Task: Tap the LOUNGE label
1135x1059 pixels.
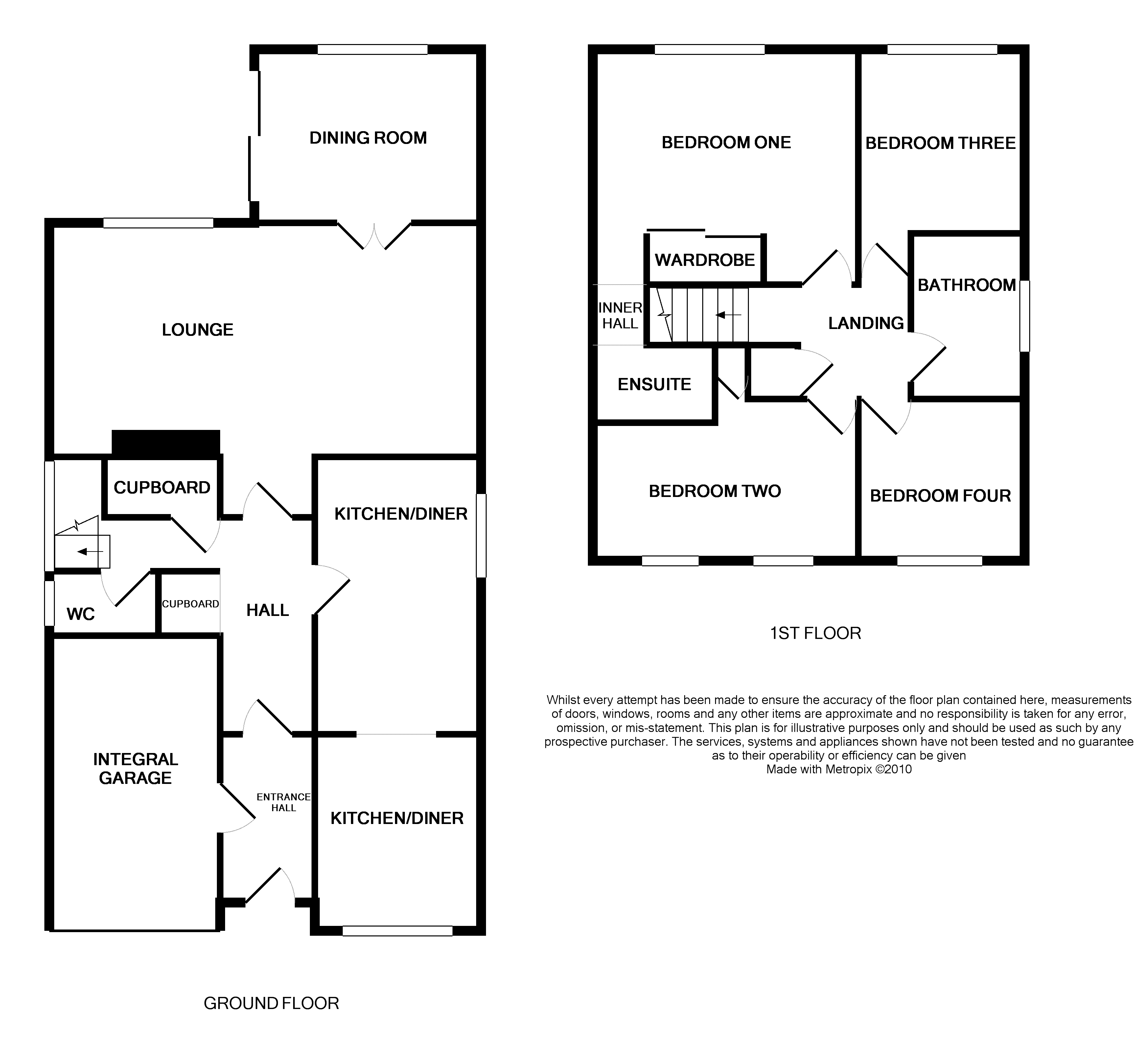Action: click(x=197, y=330)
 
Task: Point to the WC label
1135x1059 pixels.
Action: click(x=81, y=615)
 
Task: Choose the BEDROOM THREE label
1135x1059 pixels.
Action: click(x=940, y=143)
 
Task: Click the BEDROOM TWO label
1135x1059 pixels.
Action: click(x=714, y=491)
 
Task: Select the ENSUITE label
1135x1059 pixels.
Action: click(x=654, y=385)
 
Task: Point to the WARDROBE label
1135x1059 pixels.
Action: click(x=705, y=260)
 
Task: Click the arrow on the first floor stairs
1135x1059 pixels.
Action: click(x=728, y=315)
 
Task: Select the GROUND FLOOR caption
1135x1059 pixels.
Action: click(x=271, y=1003)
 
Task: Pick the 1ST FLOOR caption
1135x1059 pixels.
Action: click(x=815, y=633)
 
